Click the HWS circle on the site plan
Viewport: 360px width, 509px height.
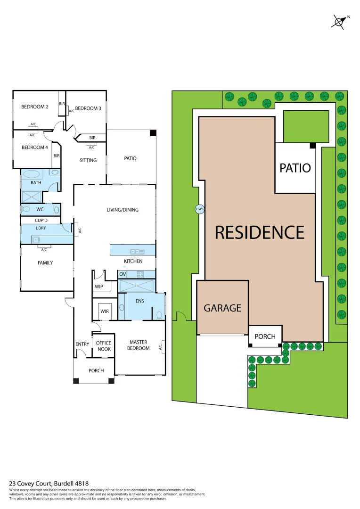(x=200, y=209)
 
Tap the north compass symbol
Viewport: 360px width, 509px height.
(x=340, y=22)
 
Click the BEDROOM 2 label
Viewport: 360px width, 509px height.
(x=35, y=107)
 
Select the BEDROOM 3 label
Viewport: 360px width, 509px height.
(x=88, y=108)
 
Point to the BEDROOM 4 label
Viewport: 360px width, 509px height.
(x=35, y=147)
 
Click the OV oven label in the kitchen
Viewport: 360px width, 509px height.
(x=123, y=274)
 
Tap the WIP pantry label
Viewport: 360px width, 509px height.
(x=99, y=286)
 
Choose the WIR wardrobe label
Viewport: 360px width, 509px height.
(x=105, y=312)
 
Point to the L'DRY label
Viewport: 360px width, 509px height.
(x=41, y=228)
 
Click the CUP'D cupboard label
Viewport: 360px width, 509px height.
(x=41, y=220)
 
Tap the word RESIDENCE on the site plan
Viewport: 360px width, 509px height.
(x=260, y=232)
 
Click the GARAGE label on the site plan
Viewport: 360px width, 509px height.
(x=222, y=308)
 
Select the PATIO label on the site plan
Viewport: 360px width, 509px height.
(x=295, y=167)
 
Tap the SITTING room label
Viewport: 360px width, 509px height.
(x=88, y=160)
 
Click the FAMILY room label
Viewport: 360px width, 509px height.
(x=45, y=263)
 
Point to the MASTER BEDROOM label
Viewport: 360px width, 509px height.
(x=139, y=345)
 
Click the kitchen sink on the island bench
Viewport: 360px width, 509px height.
(x=136, y=251)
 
